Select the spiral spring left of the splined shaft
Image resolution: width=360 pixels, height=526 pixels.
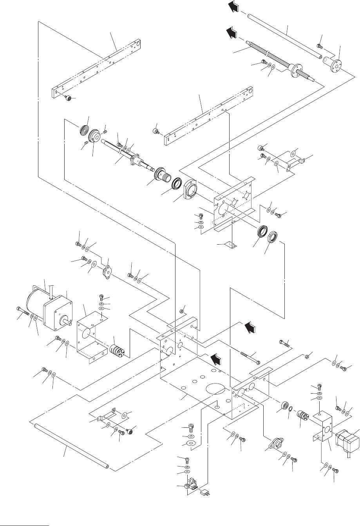(x=85, y=129)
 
